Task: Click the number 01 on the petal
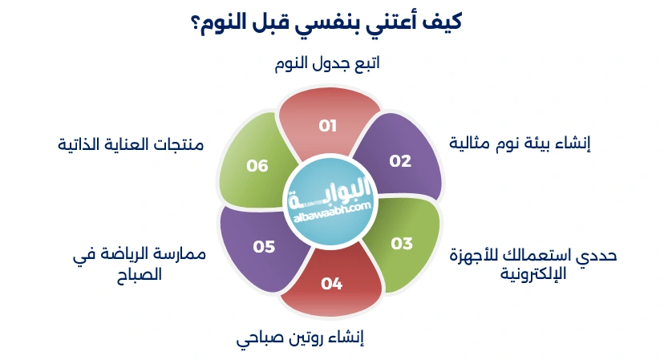coord(327,126)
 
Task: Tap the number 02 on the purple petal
coord(400,160)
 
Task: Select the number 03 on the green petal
coord(401,243)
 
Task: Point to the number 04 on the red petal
coord(332,283)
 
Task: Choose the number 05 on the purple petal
coord(264,247)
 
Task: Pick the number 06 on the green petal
coord(257,166)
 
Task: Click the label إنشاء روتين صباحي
coord(301,338)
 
